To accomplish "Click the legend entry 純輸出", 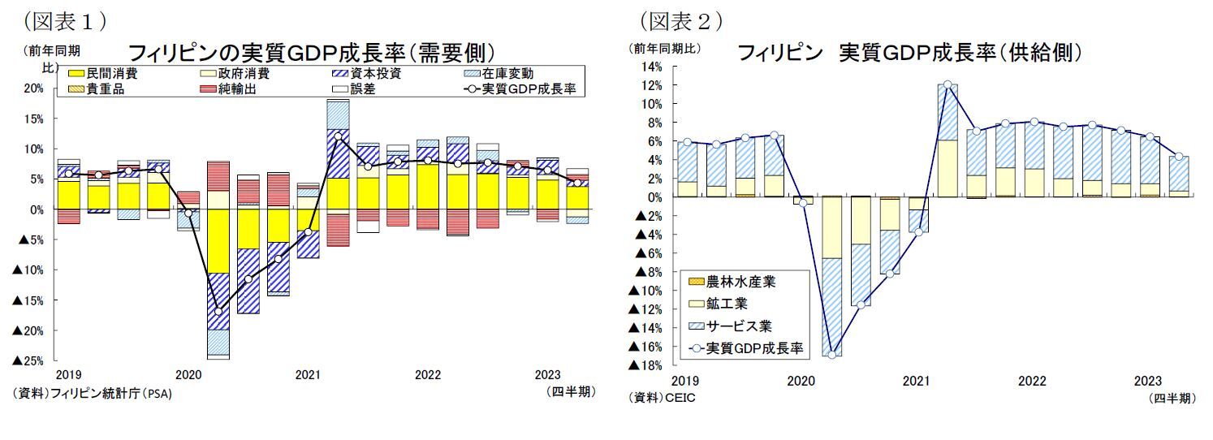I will pyautogui.click(x=234, y=88).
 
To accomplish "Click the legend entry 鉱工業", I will pyautogui.click(x=727, y=304).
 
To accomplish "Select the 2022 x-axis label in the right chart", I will pyautogui.click(x=1032, y=381).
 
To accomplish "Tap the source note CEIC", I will pyautogui.click(x=662, y=398).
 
